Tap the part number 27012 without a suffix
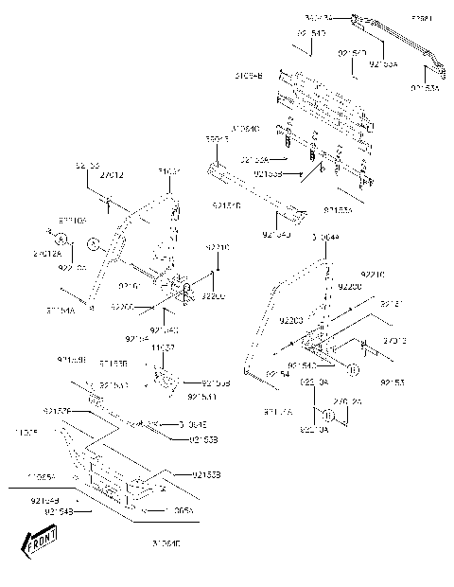click(111, 175)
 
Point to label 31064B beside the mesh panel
click(249, 73)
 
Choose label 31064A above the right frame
click(322, 237)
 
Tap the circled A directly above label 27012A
click(59, 238)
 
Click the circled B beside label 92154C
click(351, 369)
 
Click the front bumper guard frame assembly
click(104, 464)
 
